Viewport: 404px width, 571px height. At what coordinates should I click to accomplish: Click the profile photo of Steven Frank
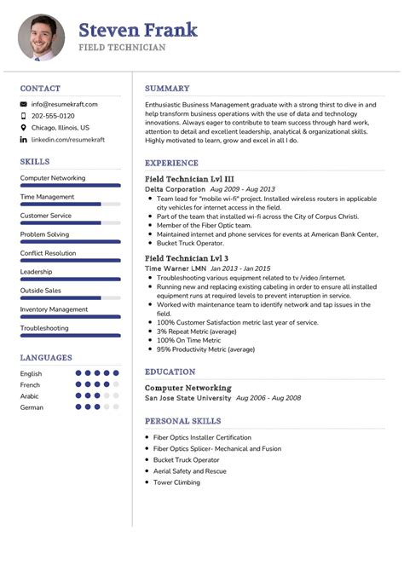[x=41, y=37]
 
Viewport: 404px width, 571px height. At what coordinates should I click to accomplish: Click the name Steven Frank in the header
[x=138, y=31]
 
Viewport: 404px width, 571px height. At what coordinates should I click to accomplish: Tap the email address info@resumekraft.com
[x=65, y=104]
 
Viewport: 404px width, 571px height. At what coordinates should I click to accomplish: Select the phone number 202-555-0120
[x=53, y=116]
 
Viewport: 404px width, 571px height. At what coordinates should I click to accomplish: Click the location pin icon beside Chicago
[x=24, y=128]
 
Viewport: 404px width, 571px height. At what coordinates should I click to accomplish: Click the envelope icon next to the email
[x=24, y=104]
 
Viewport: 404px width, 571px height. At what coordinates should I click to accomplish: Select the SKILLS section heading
[x=35, y=161]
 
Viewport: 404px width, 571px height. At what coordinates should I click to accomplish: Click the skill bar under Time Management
[x=70, y=205]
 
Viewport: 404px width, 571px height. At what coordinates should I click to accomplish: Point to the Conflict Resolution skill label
[x=48, y=253]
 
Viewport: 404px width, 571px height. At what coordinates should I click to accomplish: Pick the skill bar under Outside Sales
[x=70, y=298]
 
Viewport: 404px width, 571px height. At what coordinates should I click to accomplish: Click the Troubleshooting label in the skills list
[x=44, y=328]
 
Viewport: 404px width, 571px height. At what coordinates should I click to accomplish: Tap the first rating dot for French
[x=78, y=384]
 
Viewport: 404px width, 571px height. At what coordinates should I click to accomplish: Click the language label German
[x=32, y=407]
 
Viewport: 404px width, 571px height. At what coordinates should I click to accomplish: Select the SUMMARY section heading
[x=167, y=88]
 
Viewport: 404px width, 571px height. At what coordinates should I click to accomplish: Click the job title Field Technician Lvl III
[x=189, y=178]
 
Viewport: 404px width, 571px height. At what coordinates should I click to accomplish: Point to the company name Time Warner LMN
[x=176, y=268]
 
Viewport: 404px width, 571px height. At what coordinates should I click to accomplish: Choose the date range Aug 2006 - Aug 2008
[x=268, y=398]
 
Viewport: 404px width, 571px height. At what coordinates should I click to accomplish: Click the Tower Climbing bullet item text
[x=176, y=482]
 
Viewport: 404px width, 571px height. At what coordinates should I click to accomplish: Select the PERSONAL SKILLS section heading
[x=182, y=421]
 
